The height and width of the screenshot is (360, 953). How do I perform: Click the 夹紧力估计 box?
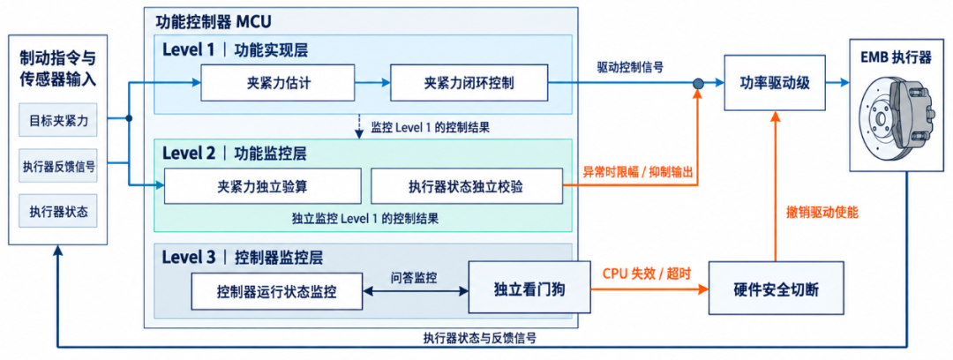(x=277, y=83)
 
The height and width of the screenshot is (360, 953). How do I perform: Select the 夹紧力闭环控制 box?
(x=469, y=83)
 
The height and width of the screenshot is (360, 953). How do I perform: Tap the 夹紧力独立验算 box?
(x=263, y=186)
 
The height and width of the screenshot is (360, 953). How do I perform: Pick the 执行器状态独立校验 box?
(x=467, y=186)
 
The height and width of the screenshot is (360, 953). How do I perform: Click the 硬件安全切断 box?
(x=777, y=288)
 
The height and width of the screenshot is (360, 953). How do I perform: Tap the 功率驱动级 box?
(x=775, y=83)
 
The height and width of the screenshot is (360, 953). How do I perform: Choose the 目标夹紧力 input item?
(x=58, y=120)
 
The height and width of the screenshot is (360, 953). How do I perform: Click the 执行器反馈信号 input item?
(x=58, y=166)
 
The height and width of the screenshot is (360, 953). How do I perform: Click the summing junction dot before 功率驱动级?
(x=699, y=83)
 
